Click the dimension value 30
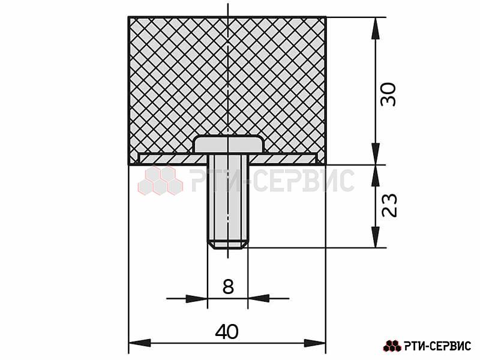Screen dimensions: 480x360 click(x=388, y=94)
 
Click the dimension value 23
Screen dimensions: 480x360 click(x=389, y=205)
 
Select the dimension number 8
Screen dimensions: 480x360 click(x=228, y=287)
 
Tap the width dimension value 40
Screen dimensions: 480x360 click(x=227, y=332)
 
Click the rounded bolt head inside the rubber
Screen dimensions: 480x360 click(x=229, y=144)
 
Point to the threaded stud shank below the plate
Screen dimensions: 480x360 click(x=228, y=199)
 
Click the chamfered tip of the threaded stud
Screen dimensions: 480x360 click(x=228, y=245)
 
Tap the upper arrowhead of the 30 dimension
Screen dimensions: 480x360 click(x=376, y=28)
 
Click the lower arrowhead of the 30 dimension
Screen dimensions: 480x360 click(x=376, y=154)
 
